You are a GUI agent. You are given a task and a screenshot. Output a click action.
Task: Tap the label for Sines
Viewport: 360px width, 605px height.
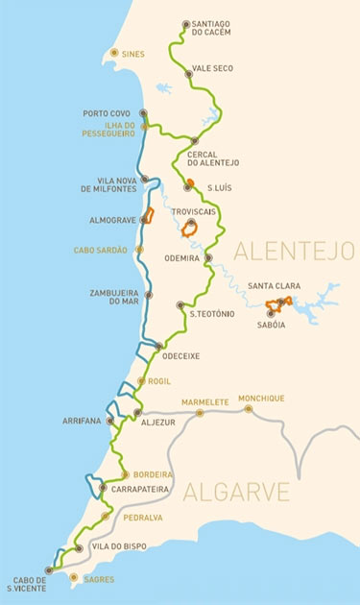[132, 54]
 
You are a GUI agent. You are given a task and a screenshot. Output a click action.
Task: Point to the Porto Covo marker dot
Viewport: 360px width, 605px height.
[144, 113]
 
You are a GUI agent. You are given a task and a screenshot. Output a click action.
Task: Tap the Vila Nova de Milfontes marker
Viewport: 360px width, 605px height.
[144, 180]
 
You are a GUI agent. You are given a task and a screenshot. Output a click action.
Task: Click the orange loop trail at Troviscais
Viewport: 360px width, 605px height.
[192, 230]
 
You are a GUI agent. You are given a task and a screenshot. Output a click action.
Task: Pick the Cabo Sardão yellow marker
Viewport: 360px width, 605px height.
[139, 250]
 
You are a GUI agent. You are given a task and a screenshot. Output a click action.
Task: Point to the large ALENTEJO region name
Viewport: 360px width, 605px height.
[294, 252]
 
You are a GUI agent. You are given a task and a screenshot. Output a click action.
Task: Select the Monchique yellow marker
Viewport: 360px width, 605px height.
[248, 408]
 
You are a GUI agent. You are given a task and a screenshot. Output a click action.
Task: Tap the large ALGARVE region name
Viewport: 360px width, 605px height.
[236, 493]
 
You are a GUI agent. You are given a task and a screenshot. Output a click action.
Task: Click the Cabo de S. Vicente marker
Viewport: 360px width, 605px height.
[49, 569]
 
